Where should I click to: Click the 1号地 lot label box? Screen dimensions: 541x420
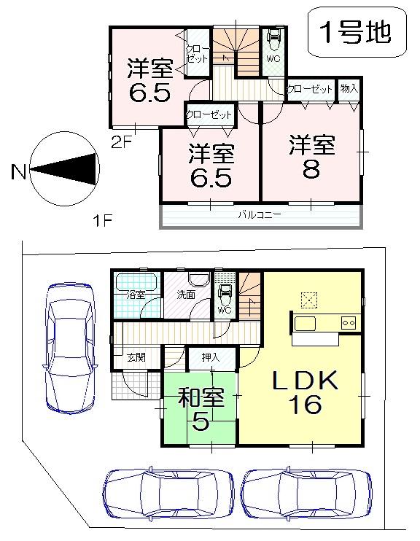[355, 32]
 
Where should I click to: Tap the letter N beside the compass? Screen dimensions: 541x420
[18, 172]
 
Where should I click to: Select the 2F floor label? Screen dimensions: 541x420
[120, 142]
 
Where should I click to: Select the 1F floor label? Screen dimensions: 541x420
[101, 222]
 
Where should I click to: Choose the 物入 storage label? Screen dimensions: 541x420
[349, 89]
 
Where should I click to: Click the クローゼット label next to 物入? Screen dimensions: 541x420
[309, 89]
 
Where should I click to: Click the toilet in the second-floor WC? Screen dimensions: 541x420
[274, 38]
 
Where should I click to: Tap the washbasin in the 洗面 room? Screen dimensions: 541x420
[198, 280]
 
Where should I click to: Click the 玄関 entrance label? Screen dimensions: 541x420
[135, 357]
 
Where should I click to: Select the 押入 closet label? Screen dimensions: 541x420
[211, 357]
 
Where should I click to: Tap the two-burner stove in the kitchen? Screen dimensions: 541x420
[349, 322]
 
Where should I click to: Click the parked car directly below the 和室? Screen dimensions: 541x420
[168, 496]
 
